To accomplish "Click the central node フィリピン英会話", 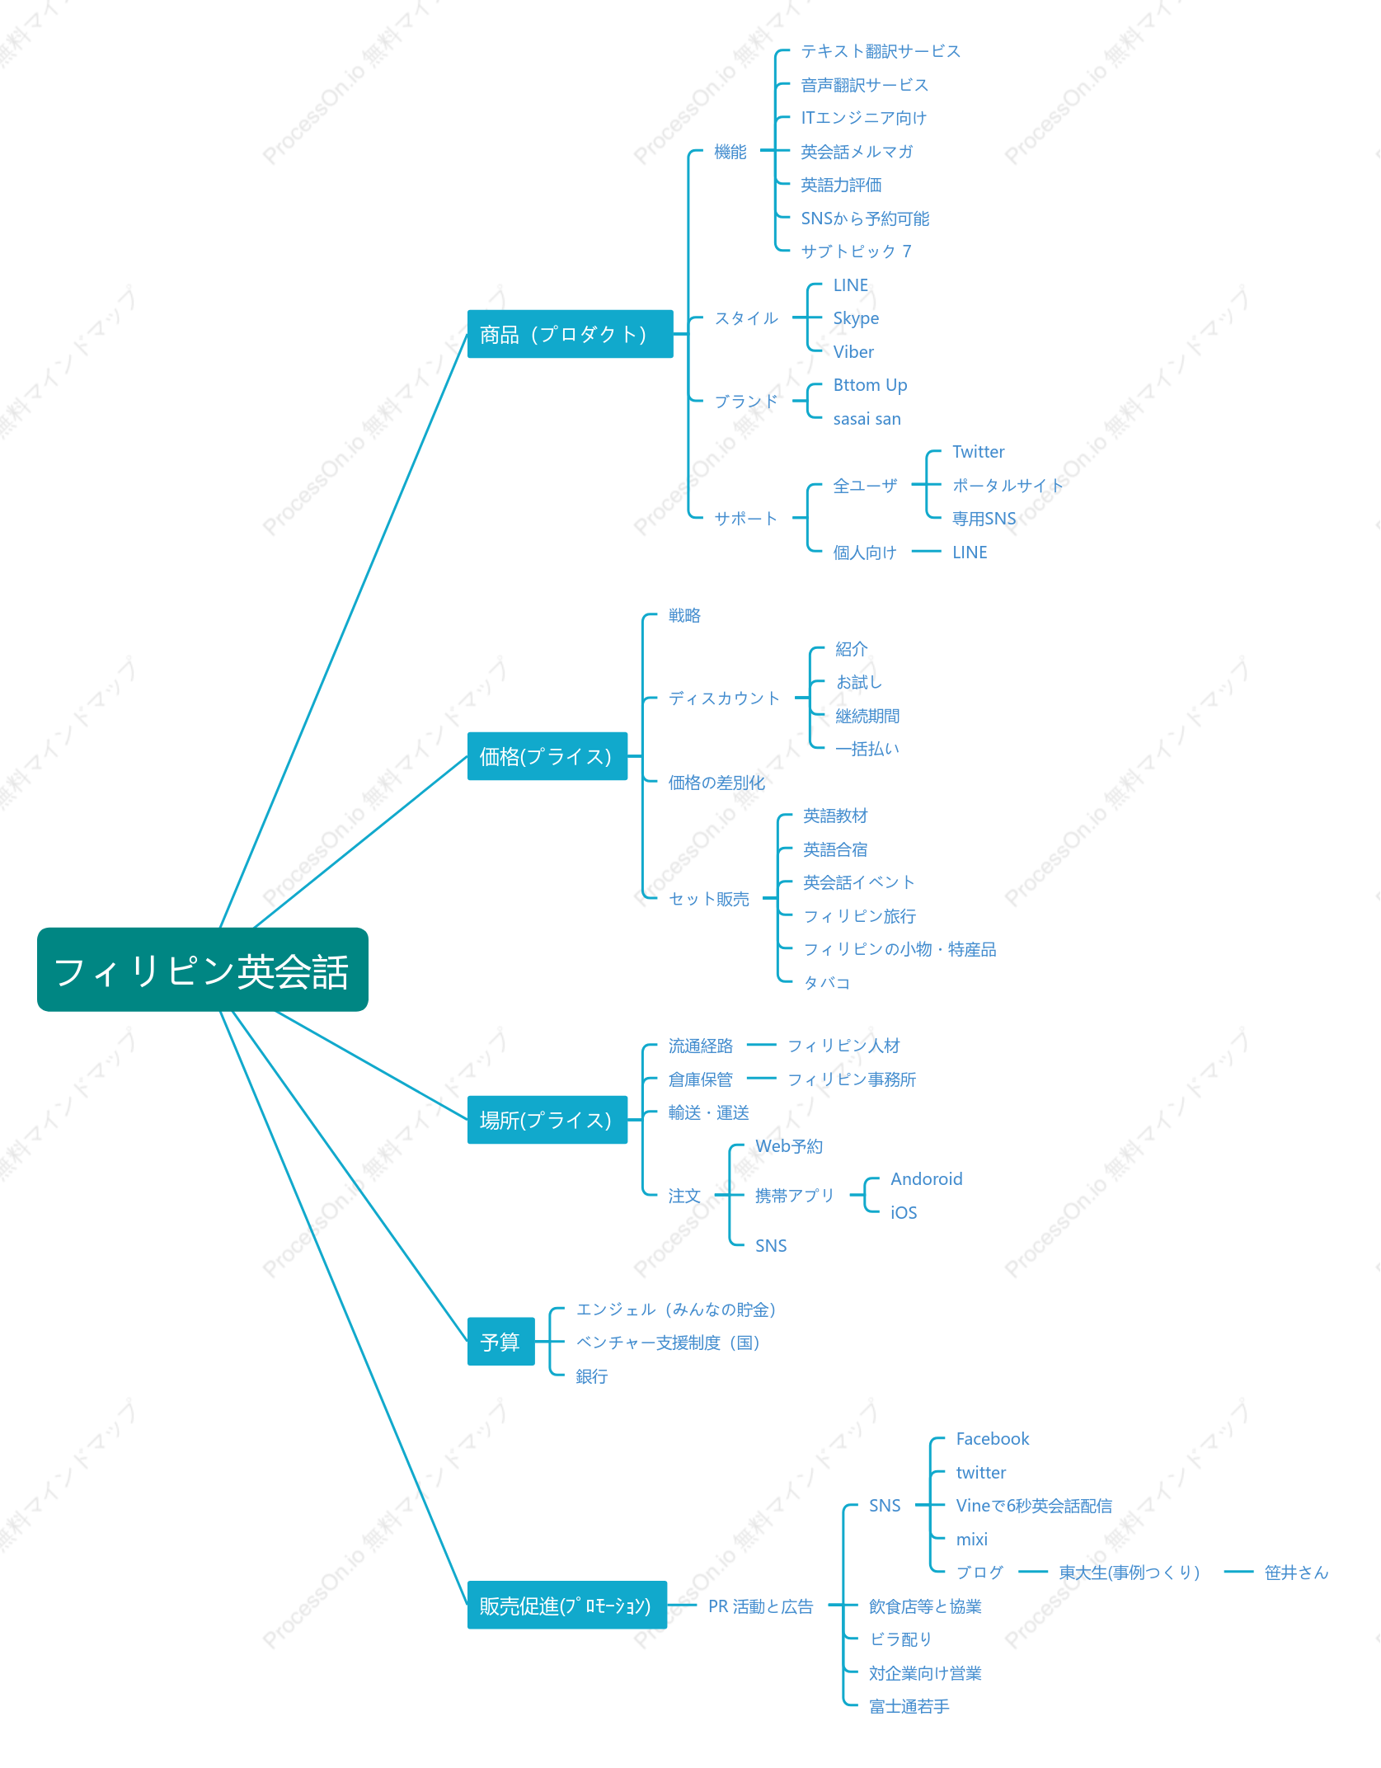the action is click(203, 970).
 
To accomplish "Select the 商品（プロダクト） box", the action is click(570, 334).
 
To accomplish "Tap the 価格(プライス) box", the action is click(547, 756).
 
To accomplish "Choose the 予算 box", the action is click(500, 1342).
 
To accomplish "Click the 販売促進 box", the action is click(566, 1605).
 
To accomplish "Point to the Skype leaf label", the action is click(856, 318).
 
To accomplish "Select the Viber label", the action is click(853, 352).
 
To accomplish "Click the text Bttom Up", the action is click(870, 385).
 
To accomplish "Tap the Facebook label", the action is click(993, 1439).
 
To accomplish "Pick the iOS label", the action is click(904, 1212).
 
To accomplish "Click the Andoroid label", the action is click(926, 1179).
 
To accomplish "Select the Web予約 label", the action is click(789, 1146).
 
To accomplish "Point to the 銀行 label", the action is click(592, 1375).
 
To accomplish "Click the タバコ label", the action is click(826, 982).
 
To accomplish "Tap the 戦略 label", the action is click(684, 615).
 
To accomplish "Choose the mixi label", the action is click(971, 1539).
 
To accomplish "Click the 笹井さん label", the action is click(1296, 1573).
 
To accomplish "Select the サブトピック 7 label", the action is click(856, 252).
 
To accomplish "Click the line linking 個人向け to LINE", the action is click(927, 552).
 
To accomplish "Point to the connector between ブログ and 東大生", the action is click(1033, 1572).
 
